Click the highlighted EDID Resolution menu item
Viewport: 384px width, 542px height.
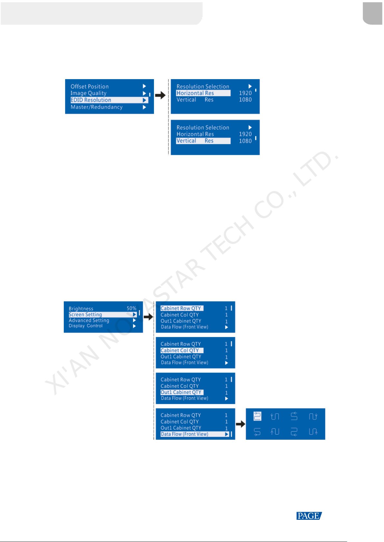click(x=91, y=100)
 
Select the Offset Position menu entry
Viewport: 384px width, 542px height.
click(x=90, y=87)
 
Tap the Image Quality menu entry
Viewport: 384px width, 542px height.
click(x=89, y=93)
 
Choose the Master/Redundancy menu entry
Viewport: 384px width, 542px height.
click(x=97, y=107)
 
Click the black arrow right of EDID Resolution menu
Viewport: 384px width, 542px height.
click(x=160, y=95)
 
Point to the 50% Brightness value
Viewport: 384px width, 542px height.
click(x=131, y=308)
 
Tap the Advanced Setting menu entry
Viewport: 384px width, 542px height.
click(x=89, y=320)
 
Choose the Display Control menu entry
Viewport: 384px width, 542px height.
click(x=86, y=326)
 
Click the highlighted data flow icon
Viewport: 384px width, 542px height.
click(x=257, y=416)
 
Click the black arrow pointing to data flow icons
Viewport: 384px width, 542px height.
click(x=240, y=424)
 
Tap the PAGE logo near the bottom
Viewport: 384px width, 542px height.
click(x=309, y=516)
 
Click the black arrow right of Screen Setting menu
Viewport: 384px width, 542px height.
click(x=148, y=317)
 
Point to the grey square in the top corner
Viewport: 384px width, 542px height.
click(x=372, y=13)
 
